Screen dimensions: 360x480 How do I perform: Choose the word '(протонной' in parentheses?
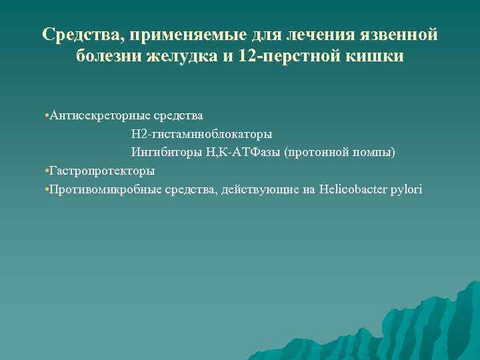pos(315,153)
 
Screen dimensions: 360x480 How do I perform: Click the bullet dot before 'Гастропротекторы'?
pos(42,171)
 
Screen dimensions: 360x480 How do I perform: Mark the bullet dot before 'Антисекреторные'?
pos(42,117)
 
